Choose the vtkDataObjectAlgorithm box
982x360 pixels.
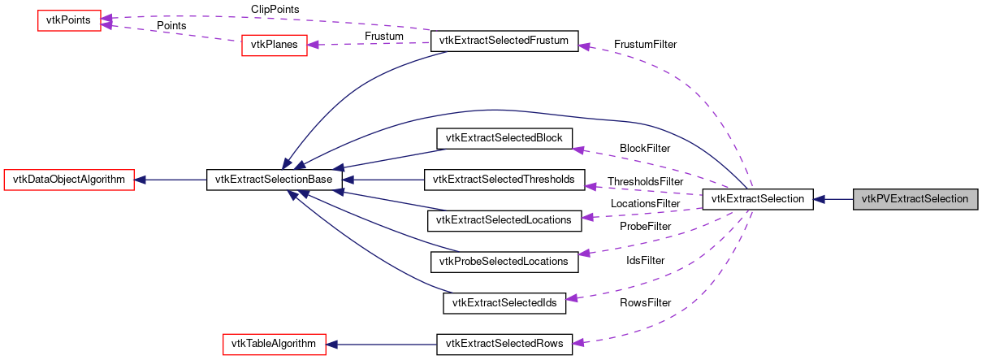coord(69,180)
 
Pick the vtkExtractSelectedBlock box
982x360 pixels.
coord(504,138)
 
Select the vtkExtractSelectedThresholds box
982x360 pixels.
coord(504,180)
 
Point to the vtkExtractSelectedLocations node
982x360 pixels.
coord(504,219)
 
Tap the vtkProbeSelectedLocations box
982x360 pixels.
coord(504,261)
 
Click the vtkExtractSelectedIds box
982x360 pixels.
coord(504,302)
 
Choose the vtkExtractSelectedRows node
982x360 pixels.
coord(504,344)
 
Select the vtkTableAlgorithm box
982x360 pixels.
coord(275,344)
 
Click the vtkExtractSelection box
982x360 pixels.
coord(757,199)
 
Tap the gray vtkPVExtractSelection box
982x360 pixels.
coord(915,199)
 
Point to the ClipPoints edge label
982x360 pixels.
coord(275,9)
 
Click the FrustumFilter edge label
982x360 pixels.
coord(646,44)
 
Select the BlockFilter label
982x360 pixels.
coord(645,149)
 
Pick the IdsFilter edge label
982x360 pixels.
coord(645,260)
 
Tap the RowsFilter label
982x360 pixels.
coord(645,302)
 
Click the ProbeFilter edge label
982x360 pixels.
coord(645,225)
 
